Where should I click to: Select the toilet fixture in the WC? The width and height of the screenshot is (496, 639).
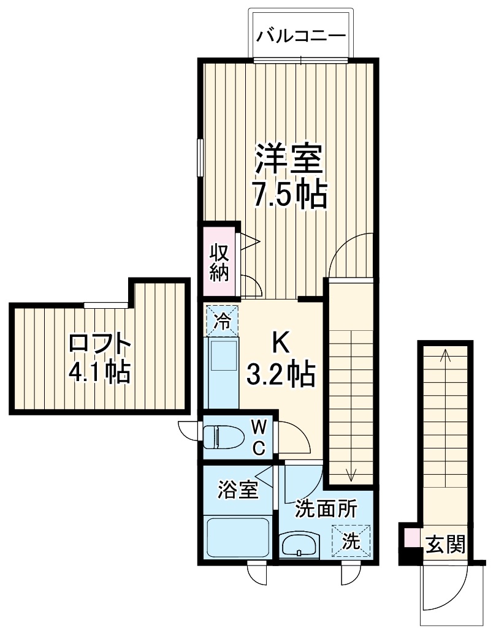(219, 436)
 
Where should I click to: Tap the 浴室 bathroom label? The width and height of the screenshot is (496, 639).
(237, 490)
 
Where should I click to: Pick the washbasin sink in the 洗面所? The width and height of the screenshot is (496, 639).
(299, 544)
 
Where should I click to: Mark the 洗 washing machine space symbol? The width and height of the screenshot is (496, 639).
(351, 541)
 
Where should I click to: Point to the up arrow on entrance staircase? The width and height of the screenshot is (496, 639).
(445, 355)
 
